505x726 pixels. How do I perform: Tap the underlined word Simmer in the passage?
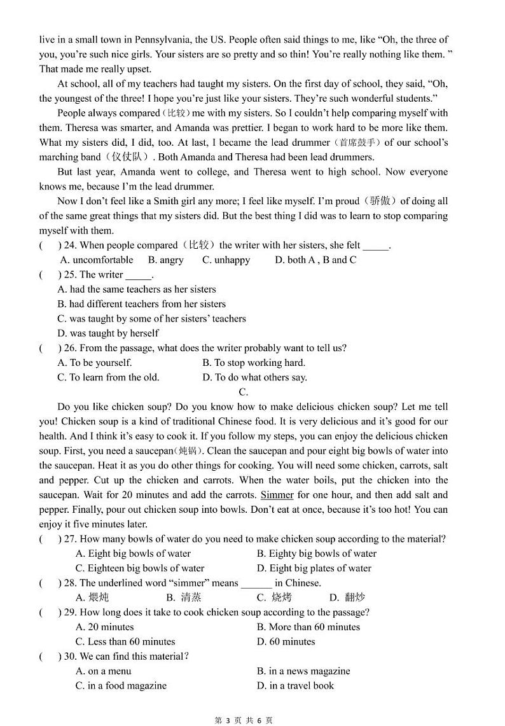coord(277,495)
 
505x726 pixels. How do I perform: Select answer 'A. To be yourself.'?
coord(95,363)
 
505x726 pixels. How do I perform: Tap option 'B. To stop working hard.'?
coord(254,363)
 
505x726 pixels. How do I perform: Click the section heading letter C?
coord(243,392)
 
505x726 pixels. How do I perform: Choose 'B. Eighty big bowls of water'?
coord(317,554)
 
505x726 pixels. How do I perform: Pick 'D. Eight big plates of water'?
coord(314,568)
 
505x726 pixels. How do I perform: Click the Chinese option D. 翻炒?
coord(347,597)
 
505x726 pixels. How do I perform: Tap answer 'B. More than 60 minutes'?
coord(308,627)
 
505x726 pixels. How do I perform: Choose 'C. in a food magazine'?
coord(121,685)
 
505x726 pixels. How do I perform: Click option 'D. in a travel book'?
coord(301,685)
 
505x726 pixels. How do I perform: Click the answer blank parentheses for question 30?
coord(50,656)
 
